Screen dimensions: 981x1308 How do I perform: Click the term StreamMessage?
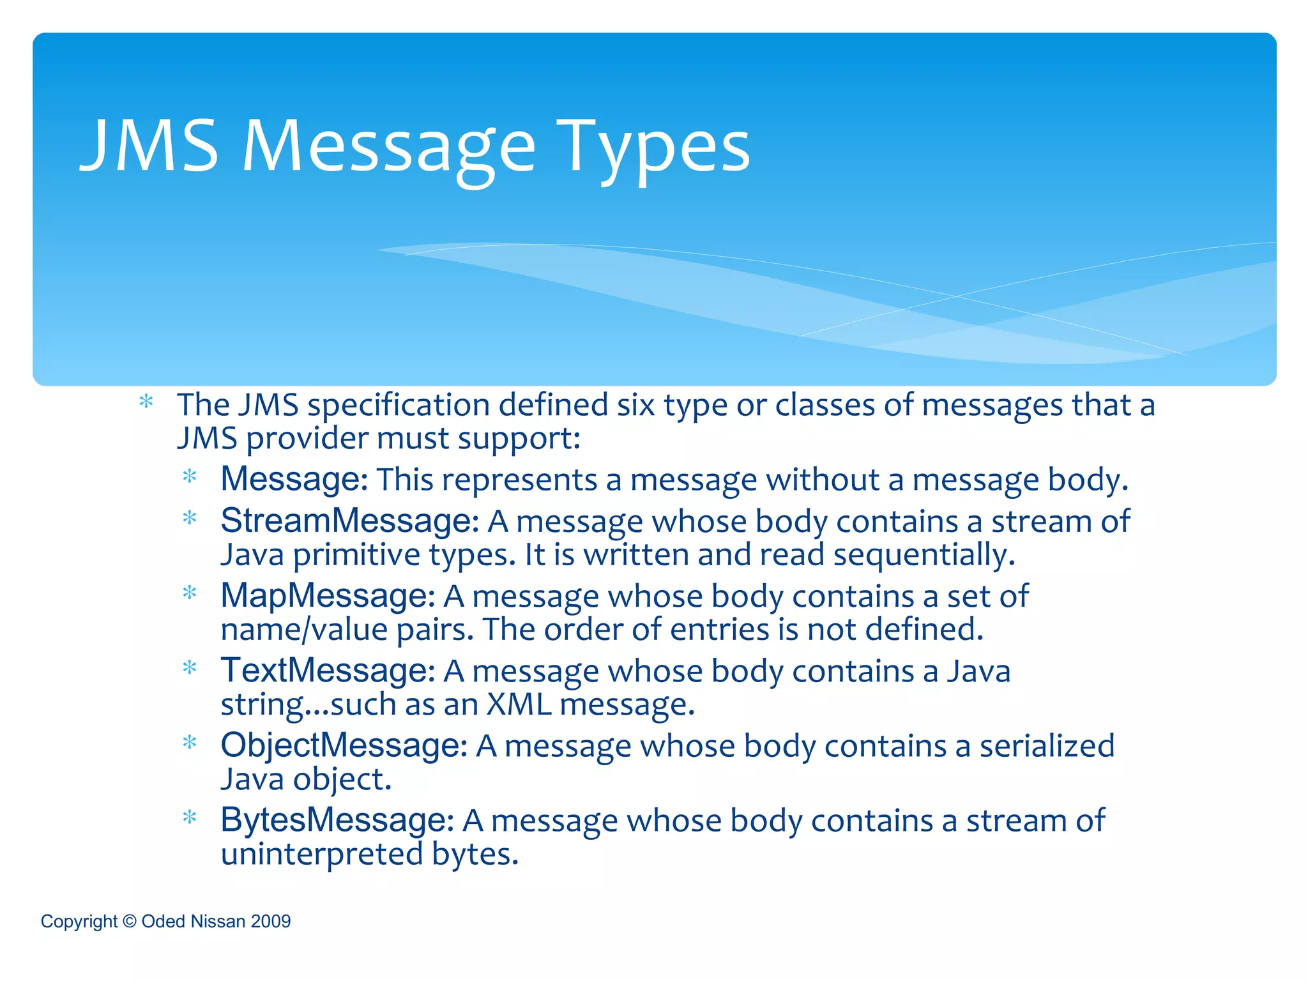pyautogui.click(x=349, y=521)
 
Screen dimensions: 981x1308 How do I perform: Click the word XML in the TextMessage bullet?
pyautogui.click(x=519, y=704)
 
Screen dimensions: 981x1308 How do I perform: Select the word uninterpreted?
pyautogui.click(x=321, y=854)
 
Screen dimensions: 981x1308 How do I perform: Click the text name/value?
pyautogui.click(x=304, y=630)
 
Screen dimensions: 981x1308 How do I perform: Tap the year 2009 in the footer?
pyautogui.click(x=271, y=922)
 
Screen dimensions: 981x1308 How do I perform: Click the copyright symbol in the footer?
pyautogui.click(x=130, y=922)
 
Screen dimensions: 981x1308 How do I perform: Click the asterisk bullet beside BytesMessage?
pyautogui.click(x=190, y=817)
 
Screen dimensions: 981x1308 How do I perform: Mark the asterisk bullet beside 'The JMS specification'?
pyautogui.click(x=146, y=402)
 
